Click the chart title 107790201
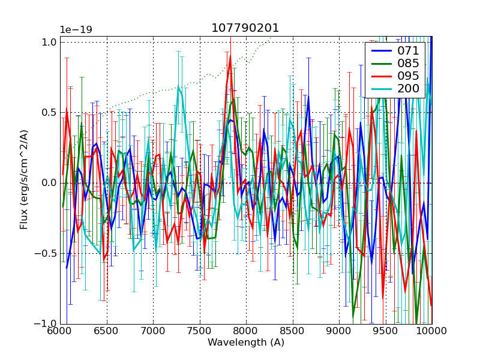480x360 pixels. click(x=245, y=28)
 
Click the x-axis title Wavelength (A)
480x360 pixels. click(x=246, y=343)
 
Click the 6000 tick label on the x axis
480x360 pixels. click(x=60, y=331)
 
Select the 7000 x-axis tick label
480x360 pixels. click(x=153, y=331)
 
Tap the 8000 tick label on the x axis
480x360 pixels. click(x=246, y=331)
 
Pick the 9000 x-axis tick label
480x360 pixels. click(x=339, y=331)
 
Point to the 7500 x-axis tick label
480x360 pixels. click(x=200, y=331)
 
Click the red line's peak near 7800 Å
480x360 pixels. click(x=230, y=56)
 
